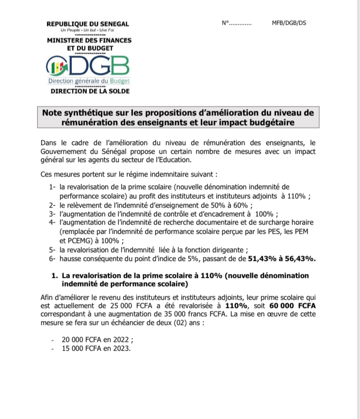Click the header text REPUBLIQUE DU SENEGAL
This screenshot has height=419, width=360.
coord(88,24)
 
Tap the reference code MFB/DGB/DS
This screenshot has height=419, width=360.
coord(290,23)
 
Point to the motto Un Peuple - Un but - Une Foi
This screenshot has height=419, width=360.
coord(88,31)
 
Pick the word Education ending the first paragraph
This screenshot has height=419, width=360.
coord(177,161)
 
